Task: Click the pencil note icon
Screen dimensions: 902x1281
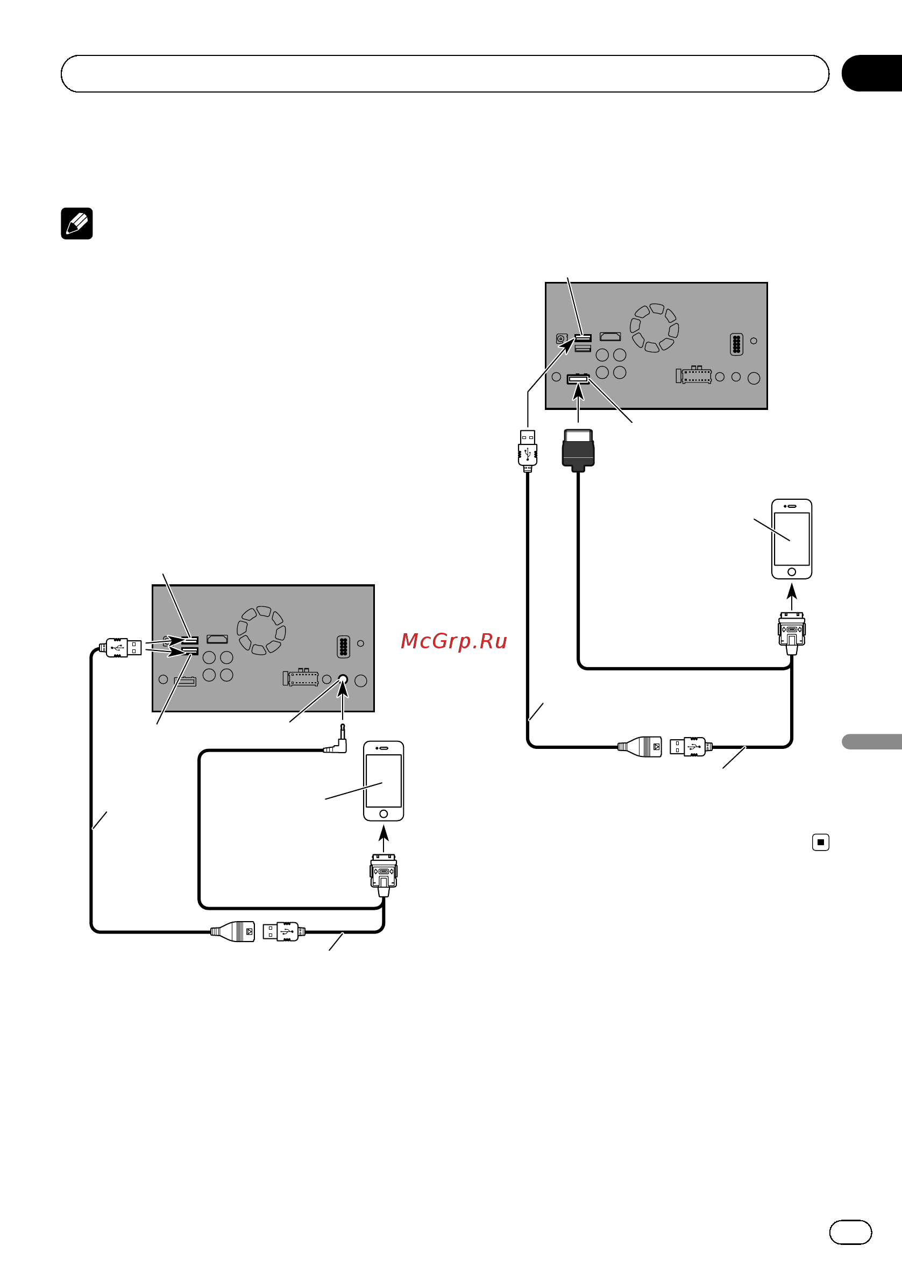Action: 77,224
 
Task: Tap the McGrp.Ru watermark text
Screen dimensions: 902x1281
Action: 453,641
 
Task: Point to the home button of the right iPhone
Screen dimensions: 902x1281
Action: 792,572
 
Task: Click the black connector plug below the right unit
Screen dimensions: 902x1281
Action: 578,450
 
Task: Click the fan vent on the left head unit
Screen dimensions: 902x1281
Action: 261,630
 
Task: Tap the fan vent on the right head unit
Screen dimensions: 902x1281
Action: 655,328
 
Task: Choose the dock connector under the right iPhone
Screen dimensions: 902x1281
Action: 792,633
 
